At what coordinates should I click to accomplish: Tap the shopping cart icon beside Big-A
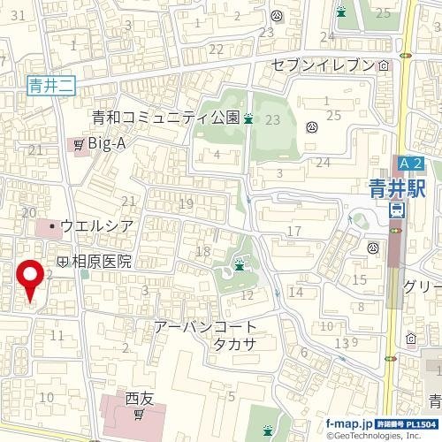point(79,143)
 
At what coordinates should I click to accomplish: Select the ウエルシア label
point(97,226)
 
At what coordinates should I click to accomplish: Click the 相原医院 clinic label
point(102,262)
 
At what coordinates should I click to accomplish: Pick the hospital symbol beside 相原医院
point(63,262)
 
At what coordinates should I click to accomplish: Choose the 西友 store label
point(140,397)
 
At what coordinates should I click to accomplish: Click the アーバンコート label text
point(205,326)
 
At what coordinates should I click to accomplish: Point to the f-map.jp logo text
point(348,424)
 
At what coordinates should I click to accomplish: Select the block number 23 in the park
point(272,119)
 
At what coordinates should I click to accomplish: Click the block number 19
point(186,205)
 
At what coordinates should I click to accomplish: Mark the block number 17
point(294,232)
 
